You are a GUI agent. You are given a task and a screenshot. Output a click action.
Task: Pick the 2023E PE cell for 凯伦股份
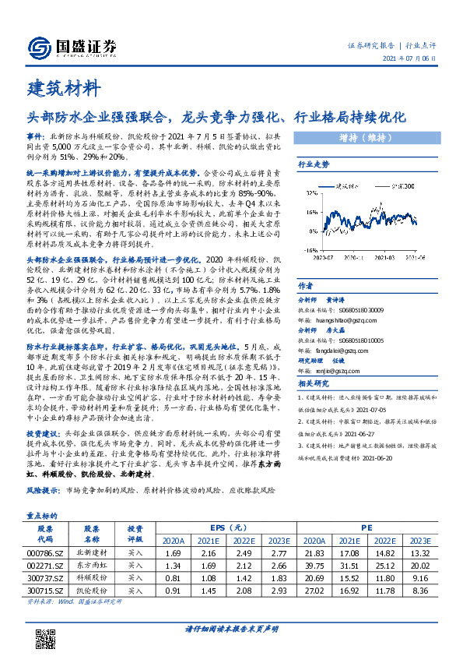click(x=419, y=591)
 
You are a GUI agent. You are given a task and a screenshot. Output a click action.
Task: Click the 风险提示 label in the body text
click(x=43, y=492)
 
